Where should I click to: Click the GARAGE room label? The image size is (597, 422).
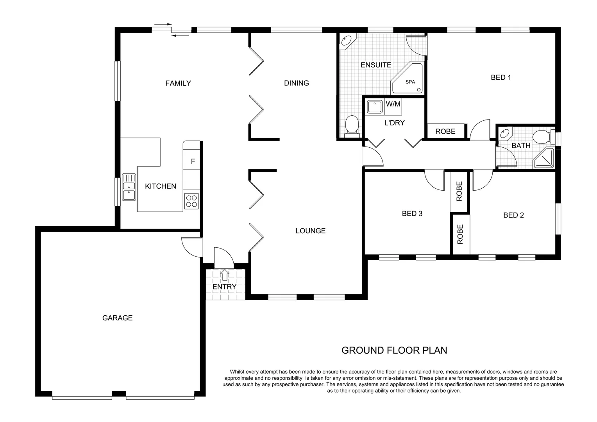117,318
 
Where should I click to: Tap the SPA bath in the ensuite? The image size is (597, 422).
408,79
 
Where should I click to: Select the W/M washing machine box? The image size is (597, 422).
393,104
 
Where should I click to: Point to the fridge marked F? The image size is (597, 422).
193,161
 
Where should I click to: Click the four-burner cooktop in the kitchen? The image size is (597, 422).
191,201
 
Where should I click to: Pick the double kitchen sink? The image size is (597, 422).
129,187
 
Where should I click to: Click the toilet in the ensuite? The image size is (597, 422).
352,125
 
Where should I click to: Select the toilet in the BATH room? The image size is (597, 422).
543,138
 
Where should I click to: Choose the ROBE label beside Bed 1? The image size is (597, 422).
445,132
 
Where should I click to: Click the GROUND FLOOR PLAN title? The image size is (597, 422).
394,350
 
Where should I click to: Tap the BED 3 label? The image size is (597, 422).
412,214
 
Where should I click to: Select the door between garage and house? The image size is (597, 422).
191,247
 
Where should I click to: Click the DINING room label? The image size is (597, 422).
296,83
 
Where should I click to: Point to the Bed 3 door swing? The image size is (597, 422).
434,180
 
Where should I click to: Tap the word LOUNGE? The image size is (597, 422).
311,231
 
